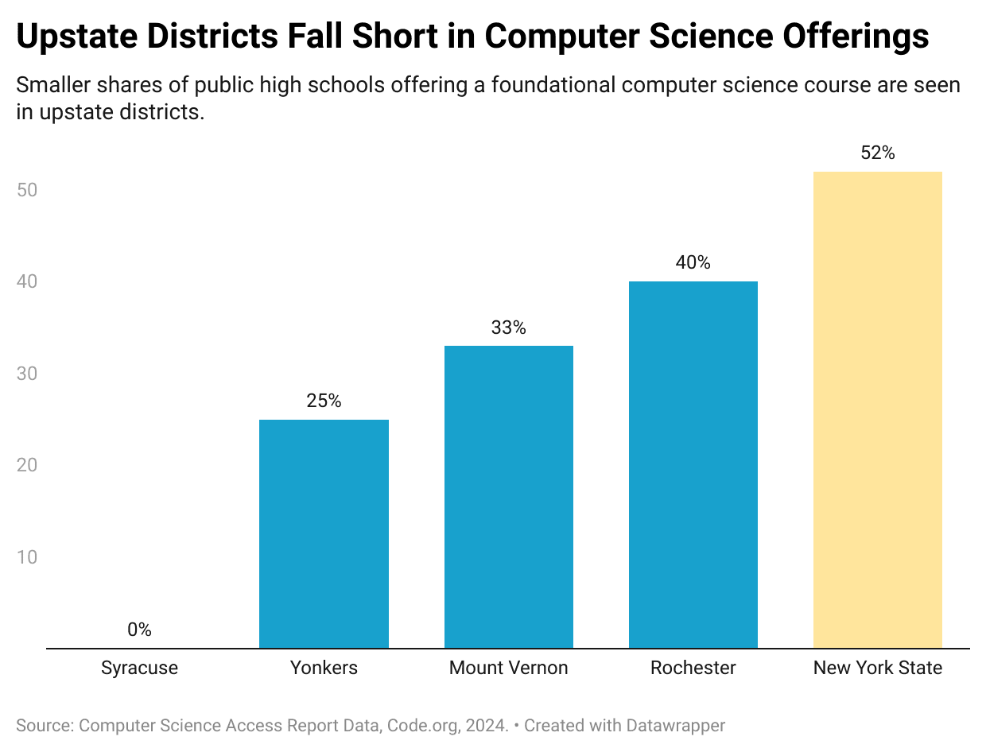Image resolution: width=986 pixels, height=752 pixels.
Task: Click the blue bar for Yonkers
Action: tap(324, 533)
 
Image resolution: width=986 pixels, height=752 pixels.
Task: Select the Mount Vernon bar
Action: tap(508, 497)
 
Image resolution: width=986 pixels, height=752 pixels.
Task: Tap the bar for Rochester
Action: tap(693, 464)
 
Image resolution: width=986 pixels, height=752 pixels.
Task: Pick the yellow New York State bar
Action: tap(877, 409)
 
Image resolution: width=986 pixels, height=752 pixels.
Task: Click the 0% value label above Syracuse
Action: tap(139, 630)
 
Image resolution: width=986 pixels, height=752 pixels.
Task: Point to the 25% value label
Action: tap(324, 401)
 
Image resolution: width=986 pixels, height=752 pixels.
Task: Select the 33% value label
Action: tap(508, 327)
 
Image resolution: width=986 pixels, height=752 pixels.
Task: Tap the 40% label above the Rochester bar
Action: tap(693, 262)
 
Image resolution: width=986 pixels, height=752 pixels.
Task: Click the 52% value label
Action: tap(877, 153)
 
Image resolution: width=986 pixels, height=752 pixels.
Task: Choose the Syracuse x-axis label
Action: tap(139, 668)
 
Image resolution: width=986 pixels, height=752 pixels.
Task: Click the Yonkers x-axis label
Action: tap(324, 668)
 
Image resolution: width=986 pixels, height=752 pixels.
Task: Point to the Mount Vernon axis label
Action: tap(508, 668)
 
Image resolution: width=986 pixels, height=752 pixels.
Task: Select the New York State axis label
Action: tap(877, 668)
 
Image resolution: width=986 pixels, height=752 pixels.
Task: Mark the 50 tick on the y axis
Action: tap(26, 191)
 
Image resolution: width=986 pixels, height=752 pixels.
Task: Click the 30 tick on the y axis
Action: tap(26, 374)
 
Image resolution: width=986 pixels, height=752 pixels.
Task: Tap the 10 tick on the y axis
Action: tap(26, 556)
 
